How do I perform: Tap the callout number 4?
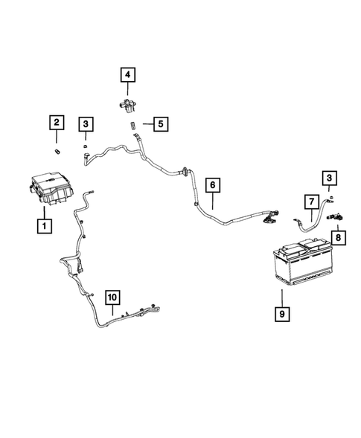coord(128,74)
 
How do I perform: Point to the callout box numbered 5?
coord(161,124)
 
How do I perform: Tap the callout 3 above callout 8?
coord(328,178)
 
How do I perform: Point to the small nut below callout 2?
coord(58,151)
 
